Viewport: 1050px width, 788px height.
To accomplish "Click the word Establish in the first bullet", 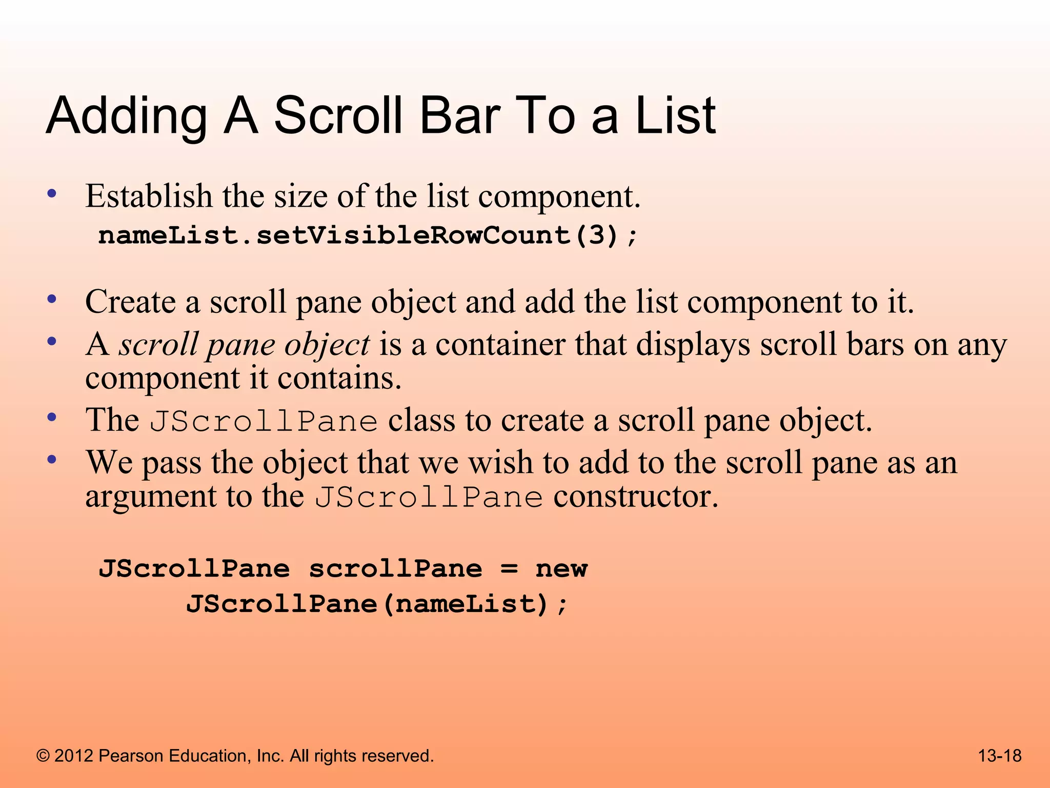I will pos(149,196).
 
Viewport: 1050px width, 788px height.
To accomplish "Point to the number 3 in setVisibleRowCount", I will pos(596,235).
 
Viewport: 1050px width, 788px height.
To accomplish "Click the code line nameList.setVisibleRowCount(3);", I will pos(368,235).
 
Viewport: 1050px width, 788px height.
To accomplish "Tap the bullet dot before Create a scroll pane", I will pos(51,299).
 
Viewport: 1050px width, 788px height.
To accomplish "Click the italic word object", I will pos(327,345).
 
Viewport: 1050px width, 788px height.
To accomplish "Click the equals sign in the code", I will pos(509,568).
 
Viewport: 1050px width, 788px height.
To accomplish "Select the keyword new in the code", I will pos(561,569).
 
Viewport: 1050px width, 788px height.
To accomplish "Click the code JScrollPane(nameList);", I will pos(377,604).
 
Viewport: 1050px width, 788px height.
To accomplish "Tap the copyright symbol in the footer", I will pos(43,756).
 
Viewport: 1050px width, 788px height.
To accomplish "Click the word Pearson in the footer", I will pos(130,756).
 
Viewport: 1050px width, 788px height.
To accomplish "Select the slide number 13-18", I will pos(1000,756).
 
